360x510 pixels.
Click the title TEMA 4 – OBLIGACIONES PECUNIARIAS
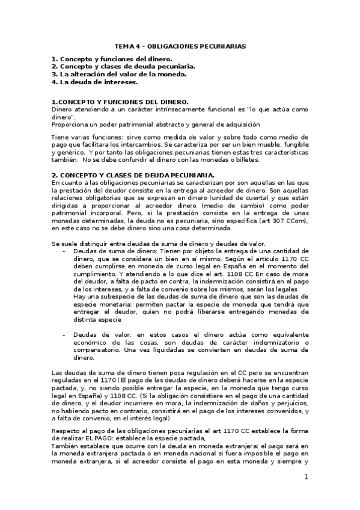(x=180, y=46)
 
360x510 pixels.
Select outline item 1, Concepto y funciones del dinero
(x=112, y=59)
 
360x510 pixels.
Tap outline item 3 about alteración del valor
(x=119, y=74)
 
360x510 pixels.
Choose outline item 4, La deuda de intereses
(x=94, y=82)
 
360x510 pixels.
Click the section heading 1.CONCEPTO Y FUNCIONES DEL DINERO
(x=120, y=102)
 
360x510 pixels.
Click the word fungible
(x=294, y=146)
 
